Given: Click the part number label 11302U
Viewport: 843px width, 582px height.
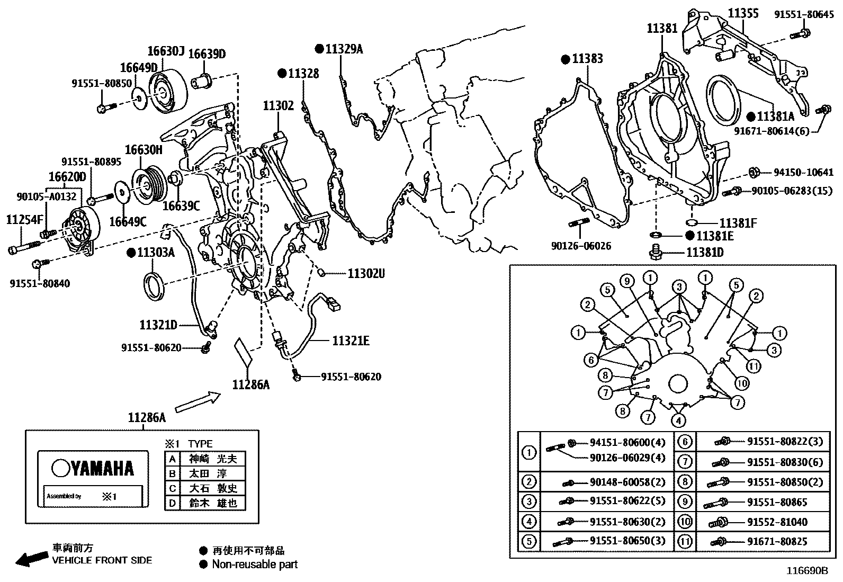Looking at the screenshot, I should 366,273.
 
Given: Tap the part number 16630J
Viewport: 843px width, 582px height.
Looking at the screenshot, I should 166,51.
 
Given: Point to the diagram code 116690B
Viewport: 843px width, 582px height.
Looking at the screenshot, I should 806,571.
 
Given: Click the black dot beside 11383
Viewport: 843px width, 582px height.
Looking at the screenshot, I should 566,59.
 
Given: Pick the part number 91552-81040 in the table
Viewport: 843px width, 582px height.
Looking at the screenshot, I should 777,522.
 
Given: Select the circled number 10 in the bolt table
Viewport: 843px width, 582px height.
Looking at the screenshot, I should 685,522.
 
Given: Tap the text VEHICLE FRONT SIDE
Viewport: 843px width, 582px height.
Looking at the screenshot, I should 102,560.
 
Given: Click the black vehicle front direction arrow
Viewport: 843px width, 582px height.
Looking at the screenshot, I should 31,559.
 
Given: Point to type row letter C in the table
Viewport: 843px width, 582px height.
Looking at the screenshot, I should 172,488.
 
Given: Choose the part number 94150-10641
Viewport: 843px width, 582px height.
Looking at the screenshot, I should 803,172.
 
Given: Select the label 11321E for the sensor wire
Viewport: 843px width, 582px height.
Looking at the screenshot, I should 351,341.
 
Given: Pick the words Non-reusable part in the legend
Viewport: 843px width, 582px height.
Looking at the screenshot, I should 255,565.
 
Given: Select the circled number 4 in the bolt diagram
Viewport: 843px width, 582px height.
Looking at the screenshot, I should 678,421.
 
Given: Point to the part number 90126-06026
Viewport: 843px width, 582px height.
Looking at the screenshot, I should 581,246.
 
